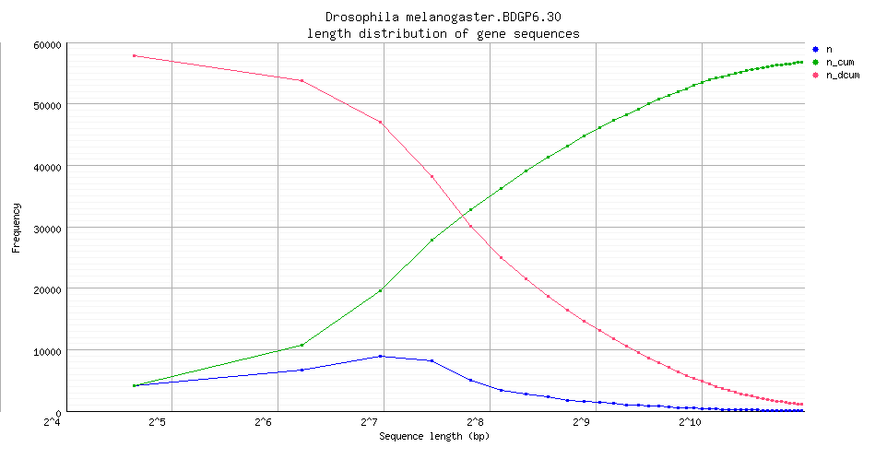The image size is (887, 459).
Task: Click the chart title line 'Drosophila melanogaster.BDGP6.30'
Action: coord(443,18)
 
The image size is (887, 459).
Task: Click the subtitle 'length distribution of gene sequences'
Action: coord(443,33)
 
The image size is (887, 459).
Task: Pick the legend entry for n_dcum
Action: coord(840,75)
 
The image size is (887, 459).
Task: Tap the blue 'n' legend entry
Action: coord(827,48)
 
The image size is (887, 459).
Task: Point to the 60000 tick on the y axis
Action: coord(46,44)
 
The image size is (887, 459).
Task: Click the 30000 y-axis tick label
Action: coord(46,228)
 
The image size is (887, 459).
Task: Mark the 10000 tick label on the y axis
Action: coord(46,351)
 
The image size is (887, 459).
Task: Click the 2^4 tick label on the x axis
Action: coord(53,422)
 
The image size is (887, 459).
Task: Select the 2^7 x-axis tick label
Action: coord(370,422)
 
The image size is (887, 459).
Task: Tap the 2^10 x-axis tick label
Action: coord(689,422)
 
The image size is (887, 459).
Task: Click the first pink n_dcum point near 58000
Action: coord(135,56)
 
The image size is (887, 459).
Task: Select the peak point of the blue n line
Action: coord(381,356)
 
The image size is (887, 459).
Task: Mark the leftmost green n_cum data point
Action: coord(135,385)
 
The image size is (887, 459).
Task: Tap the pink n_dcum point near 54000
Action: coord(302,80)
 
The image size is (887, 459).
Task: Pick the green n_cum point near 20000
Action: coord(381,290)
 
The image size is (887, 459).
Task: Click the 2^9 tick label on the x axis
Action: coord(581,422)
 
